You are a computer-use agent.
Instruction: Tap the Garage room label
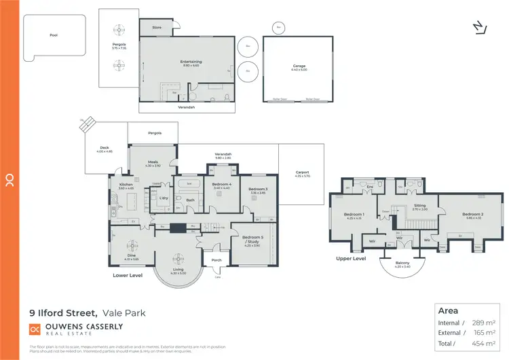[299, 66]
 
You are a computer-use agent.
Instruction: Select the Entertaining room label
[191, 62]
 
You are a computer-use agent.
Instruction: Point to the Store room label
[157, 28]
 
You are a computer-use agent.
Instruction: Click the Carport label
[302, 173]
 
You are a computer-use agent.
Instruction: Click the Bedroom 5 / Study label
[252, 239]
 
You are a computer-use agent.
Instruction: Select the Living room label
[178, 270]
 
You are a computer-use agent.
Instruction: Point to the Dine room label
[132, 256]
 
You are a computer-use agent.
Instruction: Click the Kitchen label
[126, 185]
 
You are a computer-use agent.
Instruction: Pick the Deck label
[105, 147]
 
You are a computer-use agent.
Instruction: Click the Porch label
[216, 259]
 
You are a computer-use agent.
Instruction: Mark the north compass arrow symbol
[479, 26]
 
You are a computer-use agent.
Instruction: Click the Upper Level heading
[352, 259]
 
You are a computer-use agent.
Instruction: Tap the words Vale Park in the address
[125, 312]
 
